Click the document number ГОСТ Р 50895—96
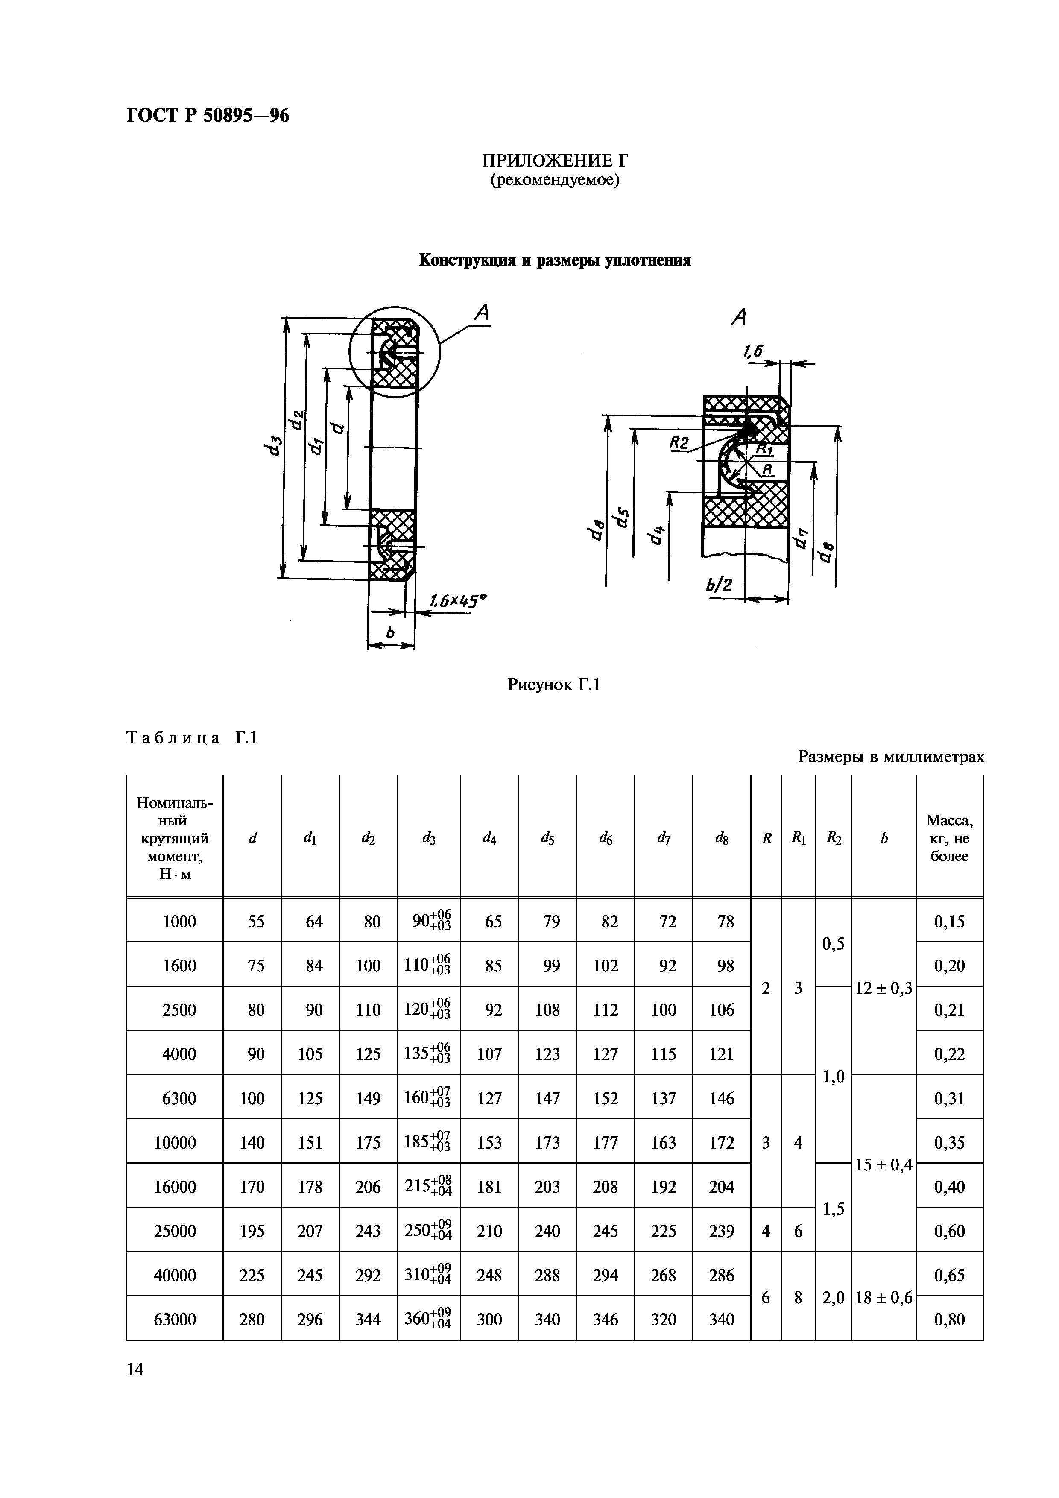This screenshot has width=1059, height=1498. pos(208,115)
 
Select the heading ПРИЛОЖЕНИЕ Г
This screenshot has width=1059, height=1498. pos(555,161)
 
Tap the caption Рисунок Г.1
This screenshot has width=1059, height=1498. pos(553,685)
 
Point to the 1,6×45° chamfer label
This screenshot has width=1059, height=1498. pos(459,600)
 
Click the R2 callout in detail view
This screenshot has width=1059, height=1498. pos(679,444)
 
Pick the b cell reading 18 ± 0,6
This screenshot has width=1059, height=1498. pos(883,1298)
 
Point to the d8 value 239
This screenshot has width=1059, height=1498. pos(722,1231)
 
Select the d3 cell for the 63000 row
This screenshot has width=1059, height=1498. pos(429,1320)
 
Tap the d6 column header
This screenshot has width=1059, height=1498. pos(606,838)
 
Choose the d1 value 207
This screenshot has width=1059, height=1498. pos(310,1231)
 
